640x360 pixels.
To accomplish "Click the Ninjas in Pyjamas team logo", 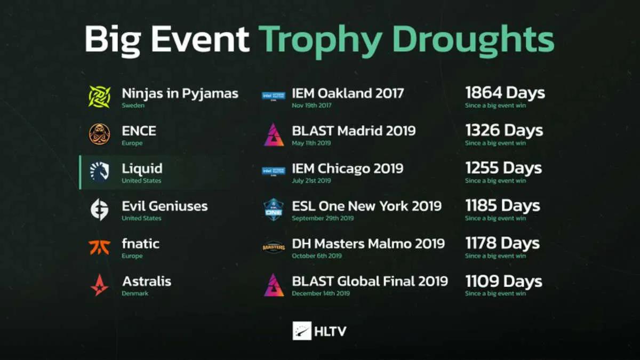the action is click(x=99, y=97).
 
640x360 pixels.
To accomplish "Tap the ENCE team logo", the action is click(x=99, y=134).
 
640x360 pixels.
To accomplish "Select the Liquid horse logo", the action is click(x=99, y=172).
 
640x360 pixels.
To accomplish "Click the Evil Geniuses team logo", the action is click(x=99, y=210).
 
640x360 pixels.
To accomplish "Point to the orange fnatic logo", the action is click(x=99, y=247).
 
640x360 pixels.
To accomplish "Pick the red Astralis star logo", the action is click(x=99, y=285).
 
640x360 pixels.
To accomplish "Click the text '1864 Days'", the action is click(x=505, y=93).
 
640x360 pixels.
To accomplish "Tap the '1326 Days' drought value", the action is click(x=505, y=131).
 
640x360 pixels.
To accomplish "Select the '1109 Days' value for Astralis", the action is click(x=503, y=282).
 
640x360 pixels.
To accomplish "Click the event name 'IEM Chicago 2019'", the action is click(x=347, y=169).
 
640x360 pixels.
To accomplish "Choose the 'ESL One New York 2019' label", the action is click(x=367, y=206).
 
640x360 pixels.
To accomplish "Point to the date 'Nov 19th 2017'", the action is click(x=311, y=106).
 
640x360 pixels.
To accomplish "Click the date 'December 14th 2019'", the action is click(x=321, y=293).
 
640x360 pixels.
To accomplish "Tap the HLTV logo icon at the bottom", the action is click(x=302, y=331).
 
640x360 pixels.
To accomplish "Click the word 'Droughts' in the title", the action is click(x=474, y=38).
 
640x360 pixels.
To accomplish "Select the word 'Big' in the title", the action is click(x=113, y=39).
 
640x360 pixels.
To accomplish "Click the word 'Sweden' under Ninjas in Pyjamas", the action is click(x=133, y=106).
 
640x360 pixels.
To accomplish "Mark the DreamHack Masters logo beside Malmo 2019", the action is click(x=274, y=247).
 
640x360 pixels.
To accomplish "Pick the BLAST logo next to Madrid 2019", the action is click(x=274, y=134).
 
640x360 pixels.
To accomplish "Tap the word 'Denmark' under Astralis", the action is click(x=135, y=293).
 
